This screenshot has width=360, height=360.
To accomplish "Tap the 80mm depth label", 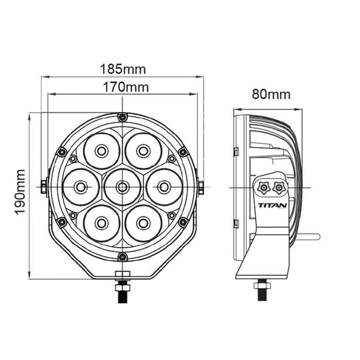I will (x=271, y=95).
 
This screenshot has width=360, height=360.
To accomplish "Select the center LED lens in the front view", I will (x=122, y=187).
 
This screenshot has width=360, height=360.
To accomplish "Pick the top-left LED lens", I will (x=101, y=151).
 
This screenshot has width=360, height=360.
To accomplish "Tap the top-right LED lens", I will (x=143, y=151).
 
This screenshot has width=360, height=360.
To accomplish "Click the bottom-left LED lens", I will (x=101, y=223).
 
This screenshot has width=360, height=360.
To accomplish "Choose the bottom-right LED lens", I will (x=143, y=223).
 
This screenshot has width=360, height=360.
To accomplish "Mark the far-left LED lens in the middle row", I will (x=81, y=187).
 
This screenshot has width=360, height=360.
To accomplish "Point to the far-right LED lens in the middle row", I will (x=164, y=187).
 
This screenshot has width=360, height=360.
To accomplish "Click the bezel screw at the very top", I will (x=122, y=118).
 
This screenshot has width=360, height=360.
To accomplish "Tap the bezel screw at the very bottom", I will (x=122, y=257).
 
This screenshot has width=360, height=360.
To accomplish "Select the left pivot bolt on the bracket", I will (x=44, y=187).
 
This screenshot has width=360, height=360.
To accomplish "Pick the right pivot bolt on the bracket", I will (x=200, y=187).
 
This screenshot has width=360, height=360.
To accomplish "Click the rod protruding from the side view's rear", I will (x=309, y=237).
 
